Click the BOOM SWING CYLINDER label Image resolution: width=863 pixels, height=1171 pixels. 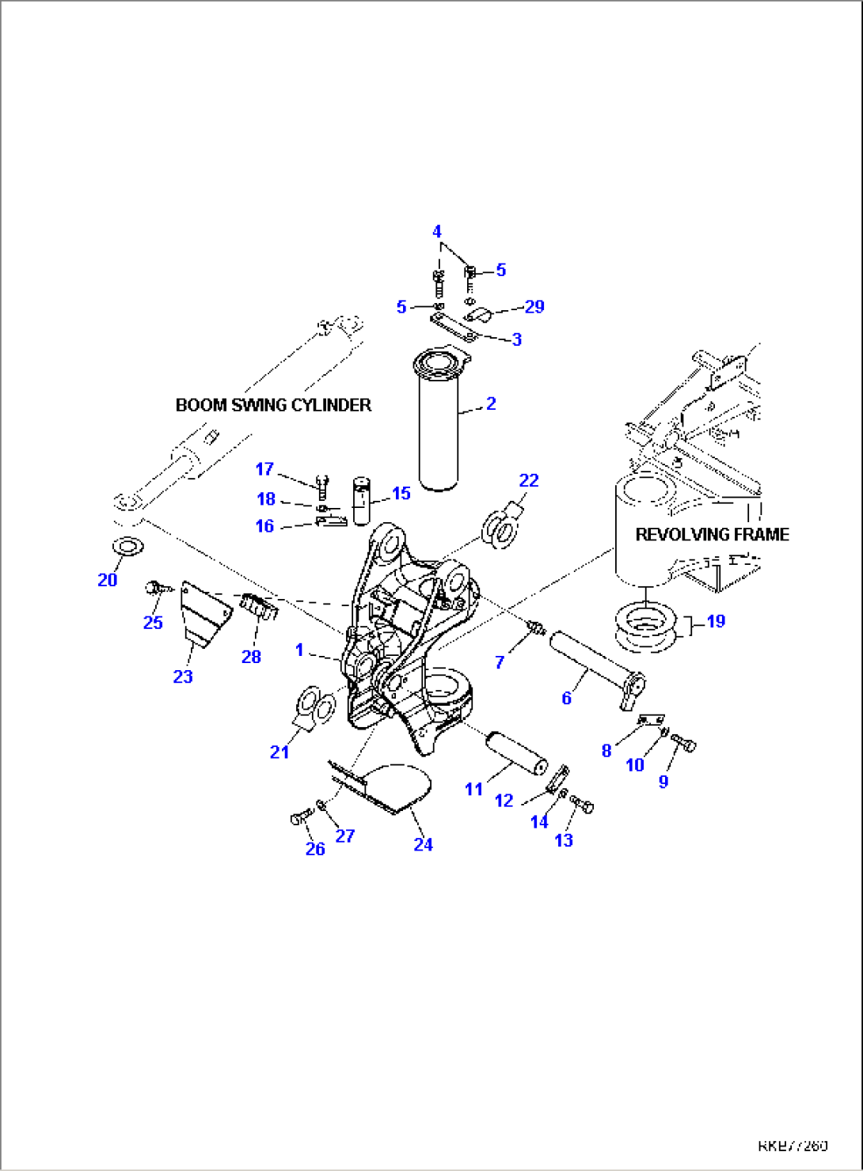[273, 405]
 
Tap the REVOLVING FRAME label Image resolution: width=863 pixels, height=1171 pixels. [712, 535]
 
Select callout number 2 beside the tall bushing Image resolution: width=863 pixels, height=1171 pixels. [491, 404]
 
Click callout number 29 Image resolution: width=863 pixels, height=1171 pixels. [534, 306]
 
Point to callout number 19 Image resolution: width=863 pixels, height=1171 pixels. [716, 621]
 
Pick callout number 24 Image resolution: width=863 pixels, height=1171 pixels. [424, 844]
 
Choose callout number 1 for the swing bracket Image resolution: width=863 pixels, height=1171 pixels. [299, 650]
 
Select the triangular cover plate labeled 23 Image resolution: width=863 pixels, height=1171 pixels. [204, 613]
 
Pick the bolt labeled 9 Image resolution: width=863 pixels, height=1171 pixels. [684, 743]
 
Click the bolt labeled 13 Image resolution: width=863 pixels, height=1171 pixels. [584, 806]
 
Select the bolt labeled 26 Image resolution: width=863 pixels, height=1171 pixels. [301, 818]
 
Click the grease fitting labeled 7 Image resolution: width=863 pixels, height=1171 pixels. [535, 629]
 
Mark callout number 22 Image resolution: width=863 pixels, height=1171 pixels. [529, 480]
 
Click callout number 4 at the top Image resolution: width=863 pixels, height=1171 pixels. [437, 232]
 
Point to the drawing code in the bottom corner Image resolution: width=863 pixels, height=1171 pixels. [793, 1145]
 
